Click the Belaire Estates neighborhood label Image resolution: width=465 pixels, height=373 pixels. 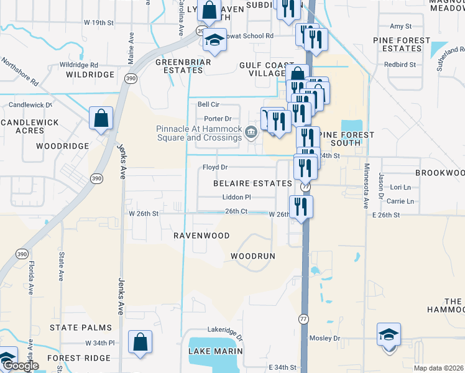tap(252, 184)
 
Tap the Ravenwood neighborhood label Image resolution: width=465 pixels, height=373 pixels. tap(201, 236)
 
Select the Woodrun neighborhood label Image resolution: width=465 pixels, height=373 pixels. tap(252, 256)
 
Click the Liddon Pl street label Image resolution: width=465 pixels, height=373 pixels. tap(236, 197)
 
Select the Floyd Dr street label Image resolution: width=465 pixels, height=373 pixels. tap(216, 168)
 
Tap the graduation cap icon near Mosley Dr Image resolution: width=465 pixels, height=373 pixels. tap(389, 334)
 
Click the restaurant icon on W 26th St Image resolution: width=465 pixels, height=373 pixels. tap(301, 207)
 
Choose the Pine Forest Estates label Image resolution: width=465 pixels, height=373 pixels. tap(402, 44)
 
